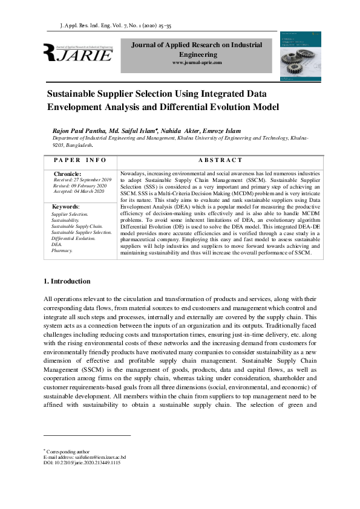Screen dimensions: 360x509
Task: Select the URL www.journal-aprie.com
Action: [x=197, y=63]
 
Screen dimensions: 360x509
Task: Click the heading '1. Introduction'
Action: [x=68, y=281]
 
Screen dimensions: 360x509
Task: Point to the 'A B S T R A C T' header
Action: [x=220, y=160]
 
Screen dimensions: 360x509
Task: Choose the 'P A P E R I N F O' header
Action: [x=80, y=160]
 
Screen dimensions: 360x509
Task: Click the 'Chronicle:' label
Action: [x=68, y=174]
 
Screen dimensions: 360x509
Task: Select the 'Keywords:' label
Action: [x=66, y=207]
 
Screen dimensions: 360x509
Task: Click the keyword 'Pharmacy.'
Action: [x=62, y=250]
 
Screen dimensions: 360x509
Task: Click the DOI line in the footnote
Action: [x=82, y=462]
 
